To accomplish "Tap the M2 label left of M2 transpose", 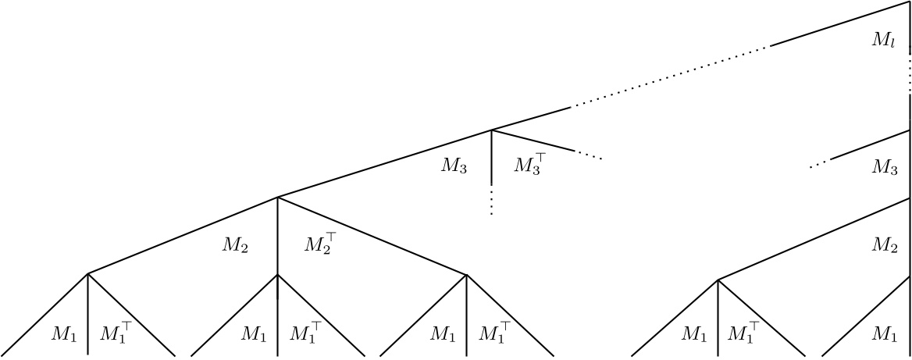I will click(x=237, y=245).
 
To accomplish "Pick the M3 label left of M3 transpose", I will click(x=454, y=166).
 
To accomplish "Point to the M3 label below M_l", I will click(x=885, y=166).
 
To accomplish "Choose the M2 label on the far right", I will click(x=885, y=245).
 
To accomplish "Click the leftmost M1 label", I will click(x=64, y=335).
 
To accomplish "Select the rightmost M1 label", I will click(x=885, y=335).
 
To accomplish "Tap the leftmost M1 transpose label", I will click(x=116, y=334).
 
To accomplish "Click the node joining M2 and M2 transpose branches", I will click(x=278, y=197).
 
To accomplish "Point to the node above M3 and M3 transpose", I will click(x=491, y=130).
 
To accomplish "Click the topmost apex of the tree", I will click(x=910, y=2).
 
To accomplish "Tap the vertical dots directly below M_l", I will click(x=910, y=73).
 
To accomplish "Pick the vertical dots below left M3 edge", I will click(x=491, y=201).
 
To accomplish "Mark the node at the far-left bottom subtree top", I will click(x=87, y=273).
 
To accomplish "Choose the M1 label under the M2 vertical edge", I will click(x=254, y=335).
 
